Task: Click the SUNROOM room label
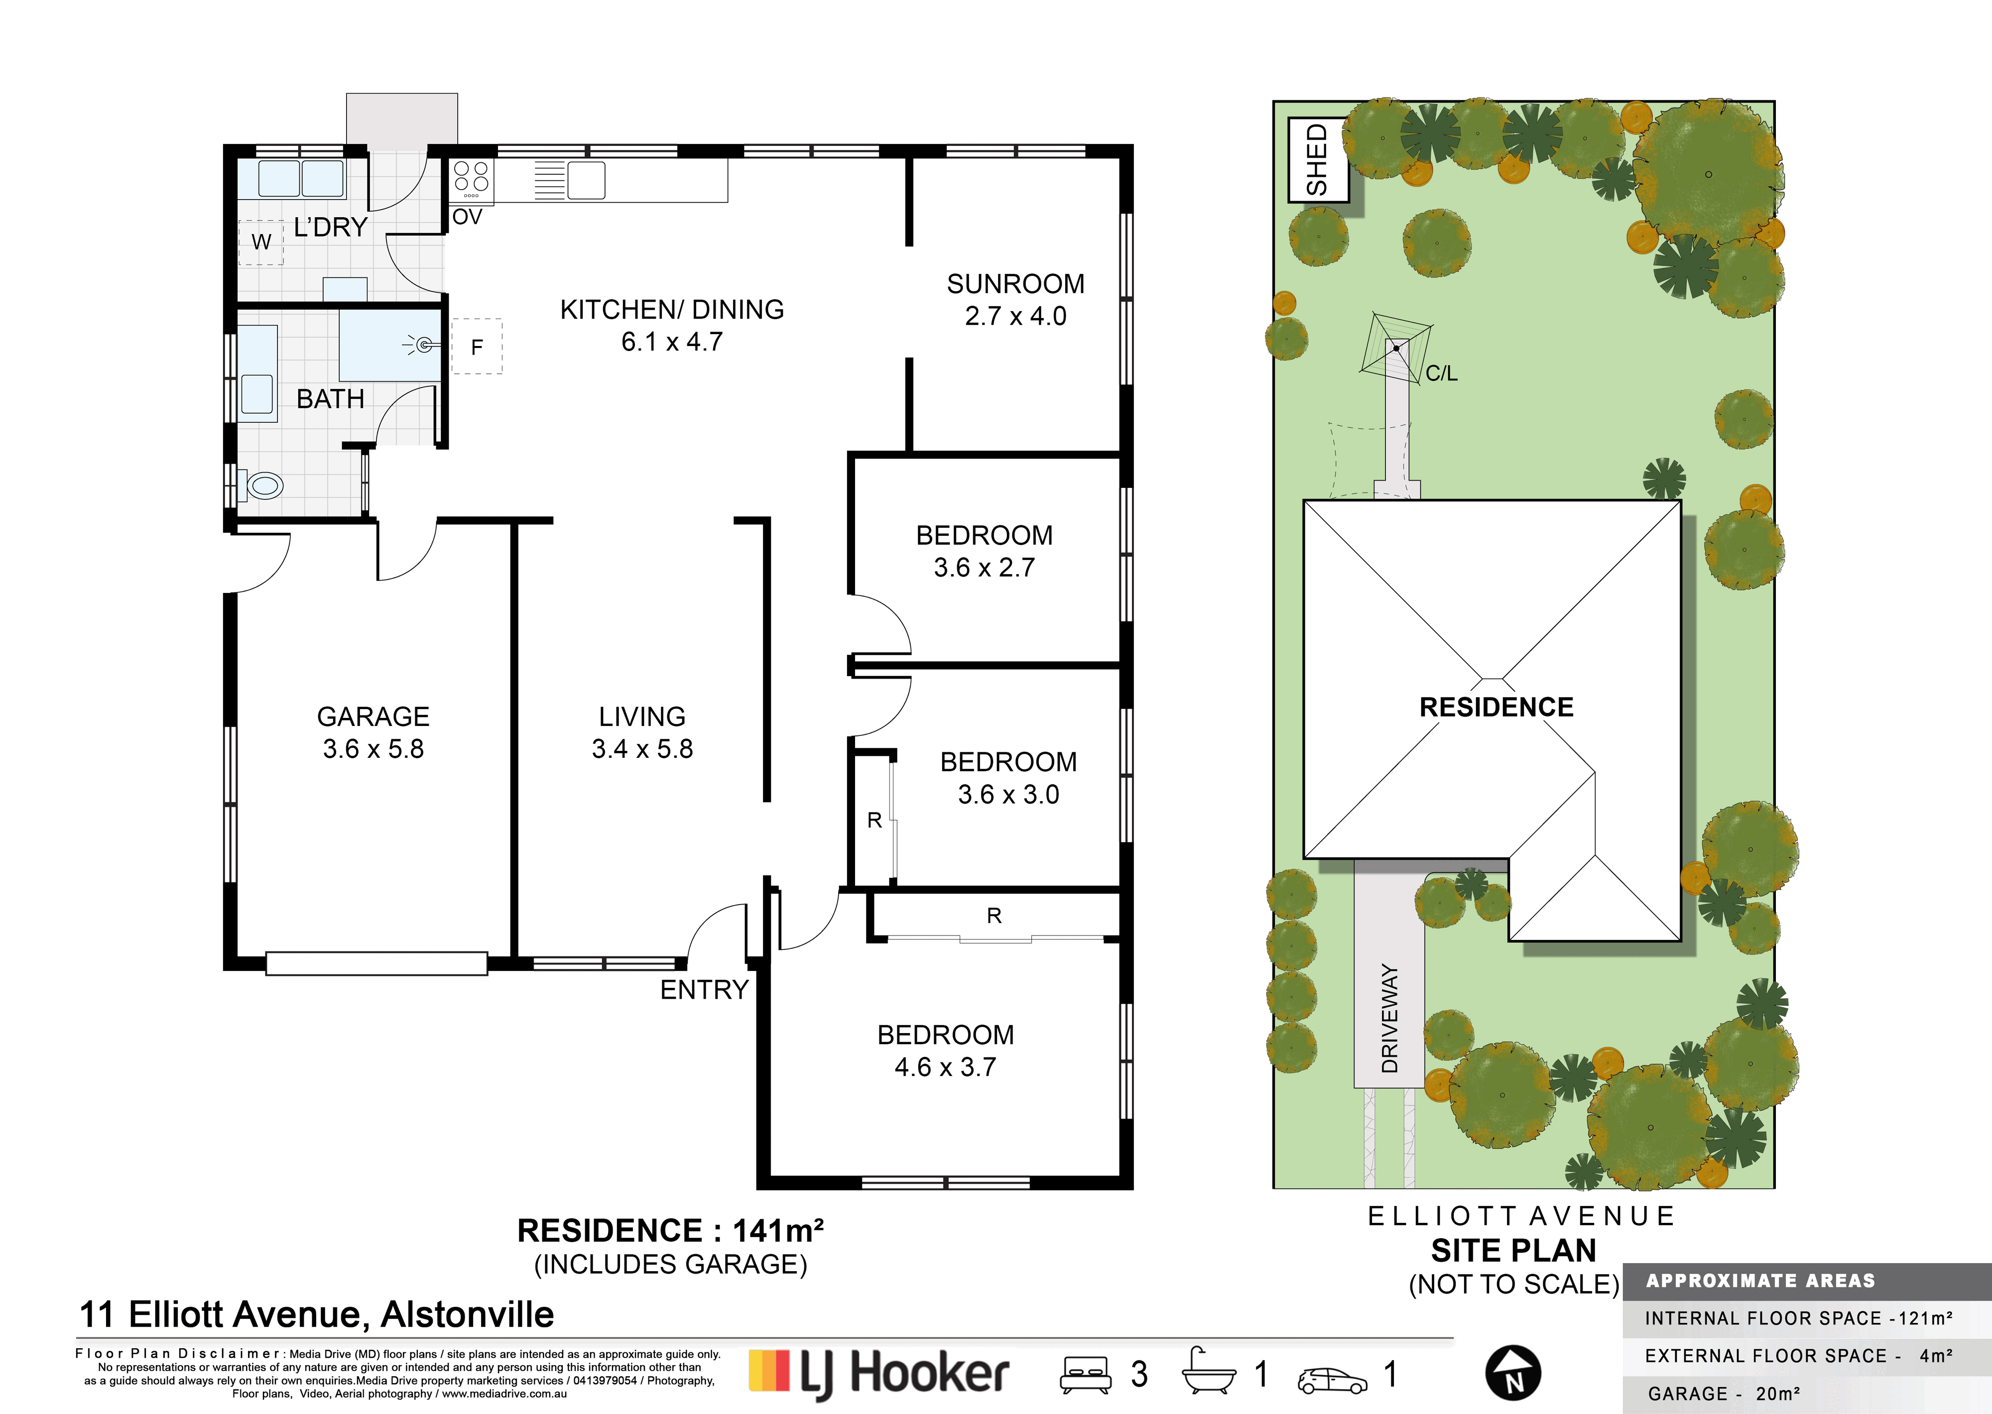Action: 1015,284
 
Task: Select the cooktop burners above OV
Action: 471,178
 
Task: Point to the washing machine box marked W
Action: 261,242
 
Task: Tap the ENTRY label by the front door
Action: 704,990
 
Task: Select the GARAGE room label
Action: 373,716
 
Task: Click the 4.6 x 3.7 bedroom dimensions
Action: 946,1067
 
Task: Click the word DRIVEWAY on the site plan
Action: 1389,1018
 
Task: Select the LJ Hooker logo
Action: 879,1374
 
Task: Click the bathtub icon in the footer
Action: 1209,1374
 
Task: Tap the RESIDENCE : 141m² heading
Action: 670,1230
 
